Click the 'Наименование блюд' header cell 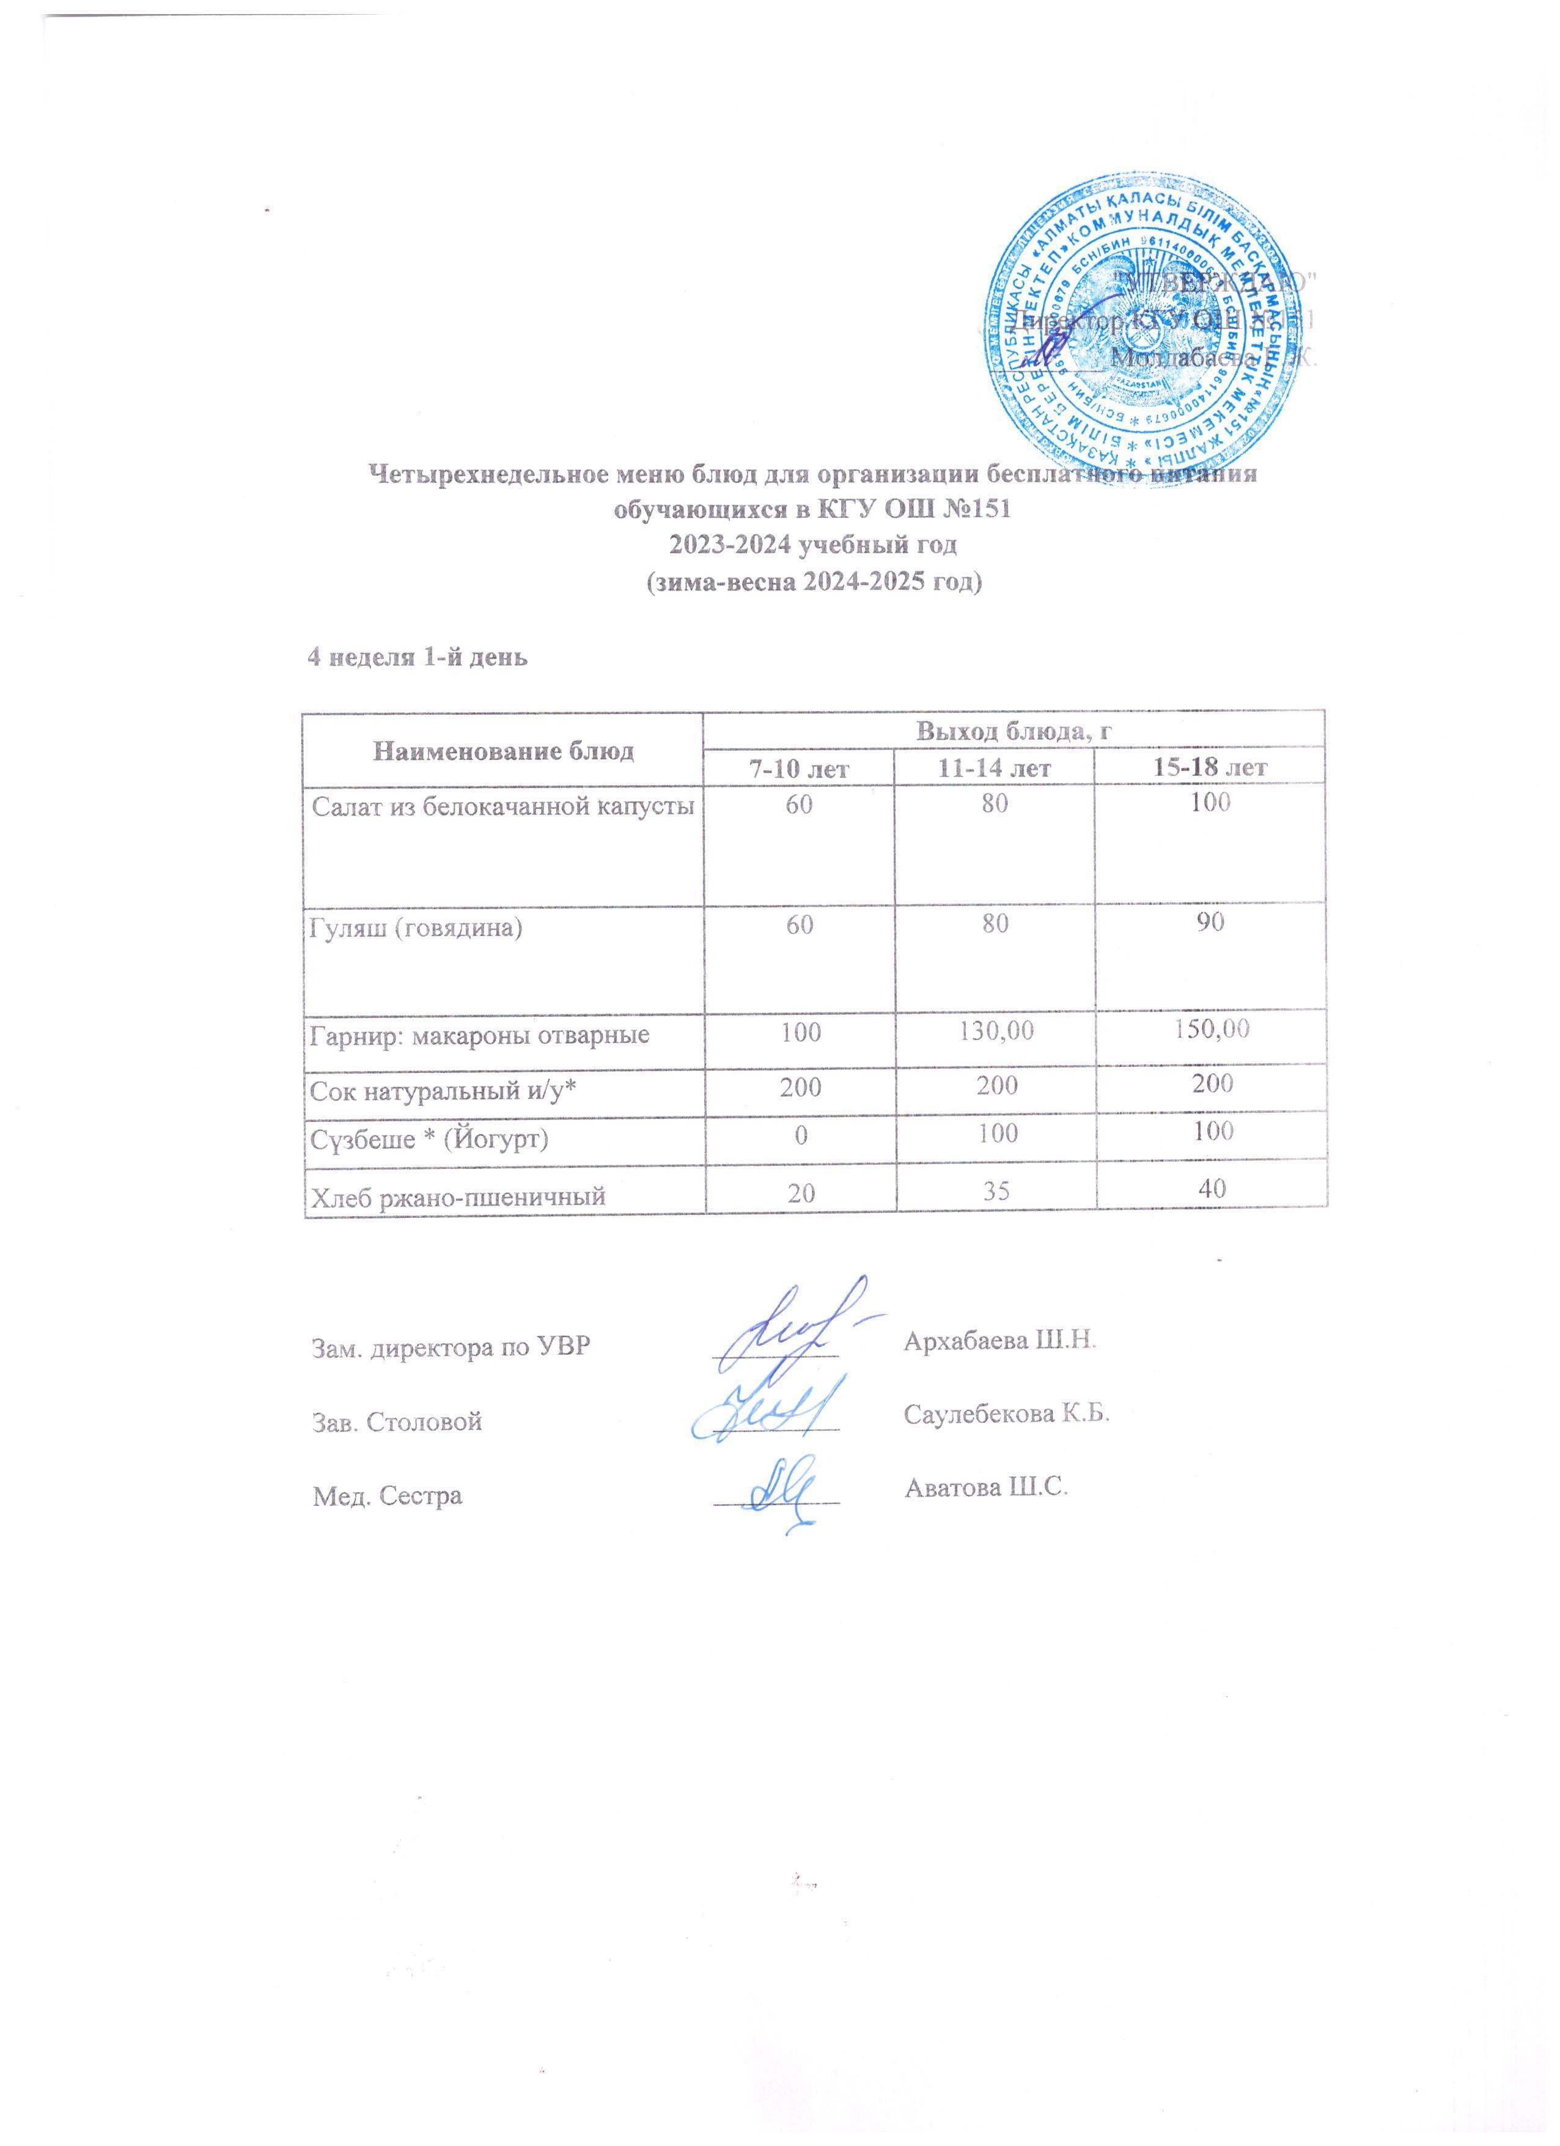[x=504, y=752]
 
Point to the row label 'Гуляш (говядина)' [x=417, y=926]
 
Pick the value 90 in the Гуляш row [x=1211, y=921]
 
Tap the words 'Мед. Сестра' [x=388, y=1496]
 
